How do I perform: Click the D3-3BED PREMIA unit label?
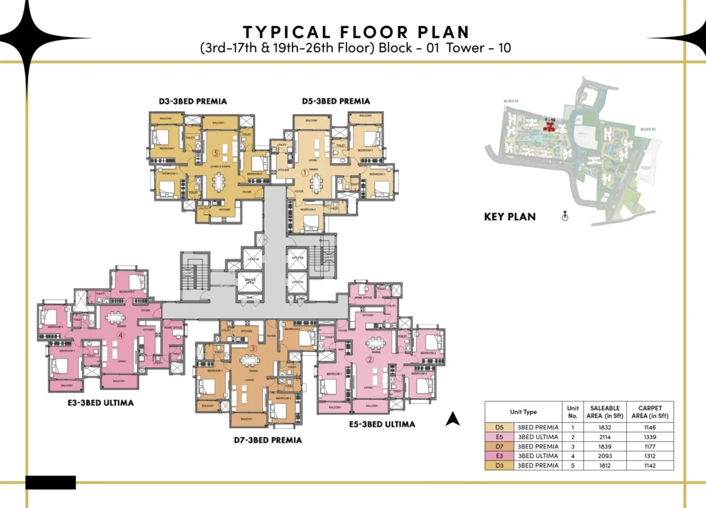click(x=193, y=101)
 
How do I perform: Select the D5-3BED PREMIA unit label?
click(x=337, y=101)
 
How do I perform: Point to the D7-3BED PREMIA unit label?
click(x=269, y=440)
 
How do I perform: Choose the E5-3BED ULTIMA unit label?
click(x=382, y=424)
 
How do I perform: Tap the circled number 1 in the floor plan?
click(x=305, y=172)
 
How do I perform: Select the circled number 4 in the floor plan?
click(x=121, y=336)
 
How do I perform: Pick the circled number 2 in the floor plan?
click(x=370, y=360)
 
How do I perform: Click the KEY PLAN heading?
click(x=509, y=216)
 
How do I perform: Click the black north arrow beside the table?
click(x=452, y=419)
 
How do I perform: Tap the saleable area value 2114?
click(x=606, y=437)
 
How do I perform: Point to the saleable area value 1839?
click(x=606, y=446)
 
